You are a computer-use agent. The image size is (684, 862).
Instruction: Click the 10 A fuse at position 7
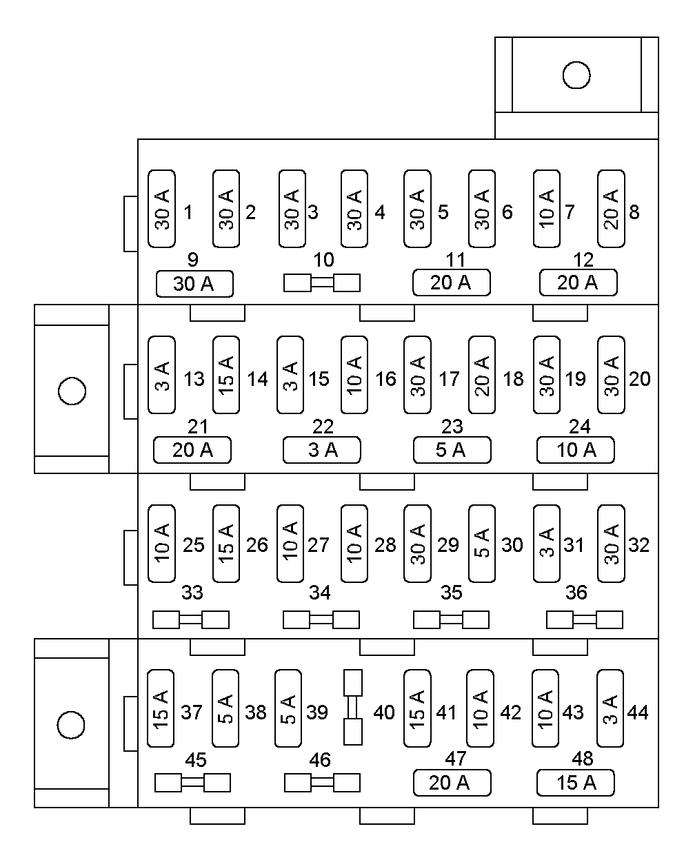tap(546, 209)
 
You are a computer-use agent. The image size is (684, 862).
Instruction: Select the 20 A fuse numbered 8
tap(610, 209)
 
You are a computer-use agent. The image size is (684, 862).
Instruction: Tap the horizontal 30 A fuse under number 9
tap(194, 284)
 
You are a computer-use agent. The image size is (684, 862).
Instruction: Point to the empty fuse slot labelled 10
tap(322, 283)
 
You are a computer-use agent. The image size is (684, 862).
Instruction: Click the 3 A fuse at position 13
tap(162, 375)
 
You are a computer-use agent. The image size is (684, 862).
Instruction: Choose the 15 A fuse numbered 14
tap(226, 375)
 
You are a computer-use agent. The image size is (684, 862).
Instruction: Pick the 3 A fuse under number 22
tap(322, 450)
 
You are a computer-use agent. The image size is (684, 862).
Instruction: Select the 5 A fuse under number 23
tap(452, 450)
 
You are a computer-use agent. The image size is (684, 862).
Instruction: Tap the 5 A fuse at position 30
tap(481, 544)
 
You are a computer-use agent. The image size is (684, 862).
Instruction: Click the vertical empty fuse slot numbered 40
tap(353, 707)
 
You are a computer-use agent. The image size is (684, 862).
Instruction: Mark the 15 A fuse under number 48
tap(576, 783)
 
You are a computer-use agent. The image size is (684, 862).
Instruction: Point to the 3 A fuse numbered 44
tap(610, 708)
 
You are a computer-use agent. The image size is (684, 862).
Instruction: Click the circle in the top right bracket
tap(576, 75)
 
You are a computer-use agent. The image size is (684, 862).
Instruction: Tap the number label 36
tap(576, 593)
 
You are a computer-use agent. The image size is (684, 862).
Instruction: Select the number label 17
tap(449, 379)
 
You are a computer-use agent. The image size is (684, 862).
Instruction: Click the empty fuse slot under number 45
tap(192, 783)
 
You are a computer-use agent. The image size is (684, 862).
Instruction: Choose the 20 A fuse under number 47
tap(452, 783)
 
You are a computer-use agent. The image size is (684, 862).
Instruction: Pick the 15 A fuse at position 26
tap(226, 544)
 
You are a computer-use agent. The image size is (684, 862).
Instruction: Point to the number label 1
tap(188, 212)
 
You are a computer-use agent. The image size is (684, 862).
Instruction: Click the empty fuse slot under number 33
tap(191, 619)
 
